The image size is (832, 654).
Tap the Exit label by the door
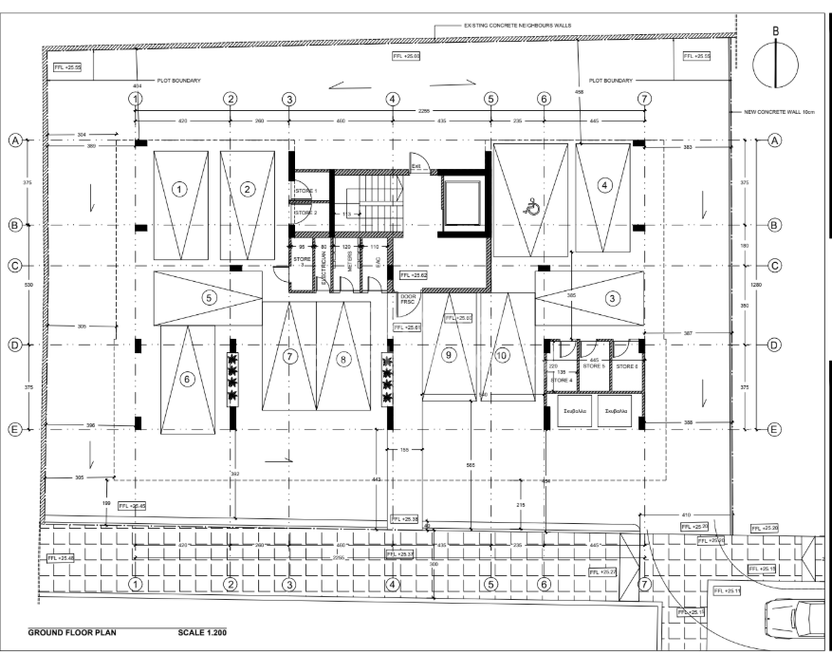(x=416, y=164)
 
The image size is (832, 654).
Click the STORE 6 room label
(x=627, y=365)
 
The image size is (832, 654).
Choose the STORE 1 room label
(x=305, y=192)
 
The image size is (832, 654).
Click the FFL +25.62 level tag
(x=414, y=275)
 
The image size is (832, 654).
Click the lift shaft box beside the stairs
(x=462, y=202)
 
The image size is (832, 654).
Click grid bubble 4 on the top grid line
(x=391, y=99)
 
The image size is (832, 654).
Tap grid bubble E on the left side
(x=14, y=429)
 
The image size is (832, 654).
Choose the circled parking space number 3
(x=612, y=298)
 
